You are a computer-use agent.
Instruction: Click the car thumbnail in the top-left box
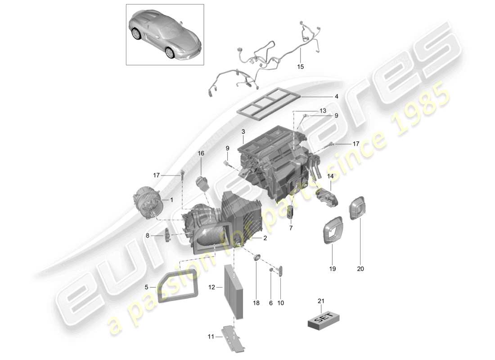coord(164,35)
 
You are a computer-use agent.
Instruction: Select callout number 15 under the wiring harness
coord(300,67)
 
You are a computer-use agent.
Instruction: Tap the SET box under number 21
coord(321,319)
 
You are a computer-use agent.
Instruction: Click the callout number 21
coord(320,301)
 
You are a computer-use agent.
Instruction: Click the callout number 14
coord(331,176)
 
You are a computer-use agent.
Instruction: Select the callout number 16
coord(201,153)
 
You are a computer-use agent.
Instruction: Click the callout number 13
coord(323,111)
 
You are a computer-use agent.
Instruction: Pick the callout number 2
coord(265,238)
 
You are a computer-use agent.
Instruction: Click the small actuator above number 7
coord(290,211)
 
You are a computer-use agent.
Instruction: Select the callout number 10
coord(280,303)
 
